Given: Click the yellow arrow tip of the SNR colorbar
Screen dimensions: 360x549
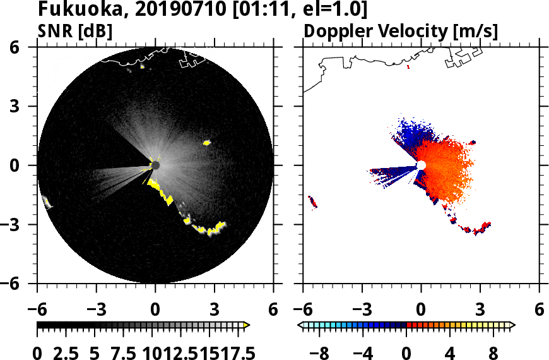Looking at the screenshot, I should pyautogui.click(x=247, y=325).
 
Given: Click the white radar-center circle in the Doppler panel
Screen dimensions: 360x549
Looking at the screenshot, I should pyautogui.click(x=422, y=165).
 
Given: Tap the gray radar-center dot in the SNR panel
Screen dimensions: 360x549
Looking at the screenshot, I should pyautogui.click(x=155, y=165).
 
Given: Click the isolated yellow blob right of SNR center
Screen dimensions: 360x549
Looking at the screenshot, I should pyautogui.click(x=206, y=143).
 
